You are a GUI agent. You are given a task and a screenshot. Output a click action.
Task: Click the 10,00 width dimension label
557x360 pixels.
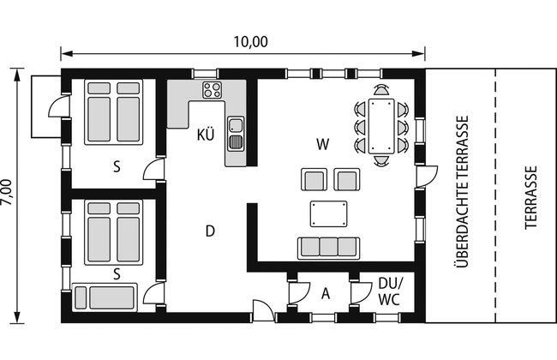250,42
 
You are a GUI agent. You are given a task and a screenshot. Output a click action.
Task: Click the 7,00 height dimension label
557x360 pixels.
6,192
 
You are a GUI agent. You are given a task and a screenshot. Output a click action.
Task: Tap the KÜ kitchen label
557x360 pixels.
206,135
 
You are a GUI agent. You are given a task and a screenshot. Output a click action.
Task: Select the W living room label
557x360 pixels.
323,144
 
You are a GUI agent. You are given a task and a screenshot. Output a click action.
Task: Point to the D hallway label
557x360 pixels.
210,231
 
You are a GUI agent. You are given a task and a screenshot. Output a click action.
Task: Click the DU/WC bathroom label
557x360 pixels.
391,291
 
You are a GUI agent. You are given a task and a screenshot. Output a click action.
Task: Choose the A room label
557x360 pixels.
326,294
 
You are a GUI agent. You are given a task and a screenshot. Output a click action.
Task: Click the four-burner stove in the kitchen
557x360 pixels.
212,90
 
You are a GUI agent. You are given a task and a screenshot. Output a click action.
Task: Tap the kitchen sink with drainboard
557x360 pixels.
236,134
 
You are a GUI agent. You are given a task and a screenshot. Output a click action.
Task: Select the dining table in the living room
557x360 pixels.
381,126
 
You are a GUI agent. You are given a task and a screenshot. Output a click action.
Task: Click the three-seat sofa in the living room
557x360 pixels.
328,248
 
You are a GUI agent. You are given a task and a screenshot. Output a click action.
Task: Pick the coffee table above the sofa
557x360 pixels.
328,213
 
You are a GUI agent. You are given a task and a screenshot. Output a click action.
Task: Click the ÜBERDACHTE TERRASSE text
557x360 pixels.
461,191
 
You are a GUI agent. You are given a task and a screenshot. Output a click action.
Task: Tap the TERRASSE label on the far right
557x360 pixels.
530,197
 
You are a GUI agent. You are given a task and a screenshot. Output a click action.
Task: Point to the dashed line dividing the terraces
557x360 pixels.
495,195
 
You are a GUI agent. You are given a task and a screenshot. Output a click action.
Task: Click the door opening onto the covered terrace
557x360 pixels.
427,177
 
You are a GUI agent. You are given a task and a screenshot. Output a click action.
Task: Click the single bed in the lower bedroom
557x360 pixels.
105,297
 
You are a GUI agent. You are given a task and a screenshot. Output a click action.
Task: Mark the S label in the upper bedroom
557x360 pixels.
117,166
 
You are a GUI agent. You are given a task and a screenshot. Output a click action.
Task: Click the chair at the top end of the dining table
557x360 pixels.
381,90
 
